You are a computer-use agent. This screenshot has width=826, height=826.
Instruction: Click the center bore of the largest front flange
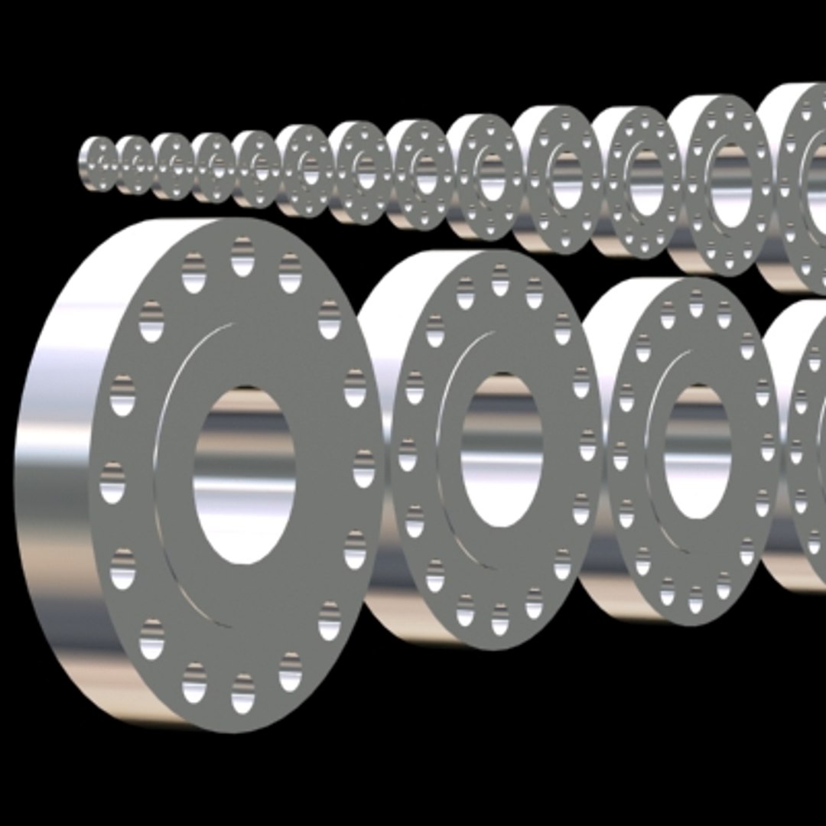(244, 475)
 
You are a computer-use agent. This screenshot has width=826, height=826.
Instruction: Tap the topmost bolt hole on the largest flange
(242, 257)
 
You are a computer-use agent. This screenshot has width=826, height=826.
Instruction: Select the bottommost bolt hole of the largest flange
(242, 693)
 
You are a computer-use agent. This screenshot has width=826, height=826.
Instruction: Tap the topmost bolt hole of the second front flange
(500, 280)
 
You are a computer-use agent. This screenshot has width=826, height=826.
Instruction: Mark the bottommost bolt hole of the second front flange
(499, 619)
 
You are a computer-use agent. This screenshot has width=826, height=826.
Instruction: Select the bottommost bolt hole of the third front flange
(695, 600)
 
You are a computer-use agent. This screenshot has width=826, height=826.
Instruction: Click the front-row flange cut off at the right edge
(803, 451)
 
